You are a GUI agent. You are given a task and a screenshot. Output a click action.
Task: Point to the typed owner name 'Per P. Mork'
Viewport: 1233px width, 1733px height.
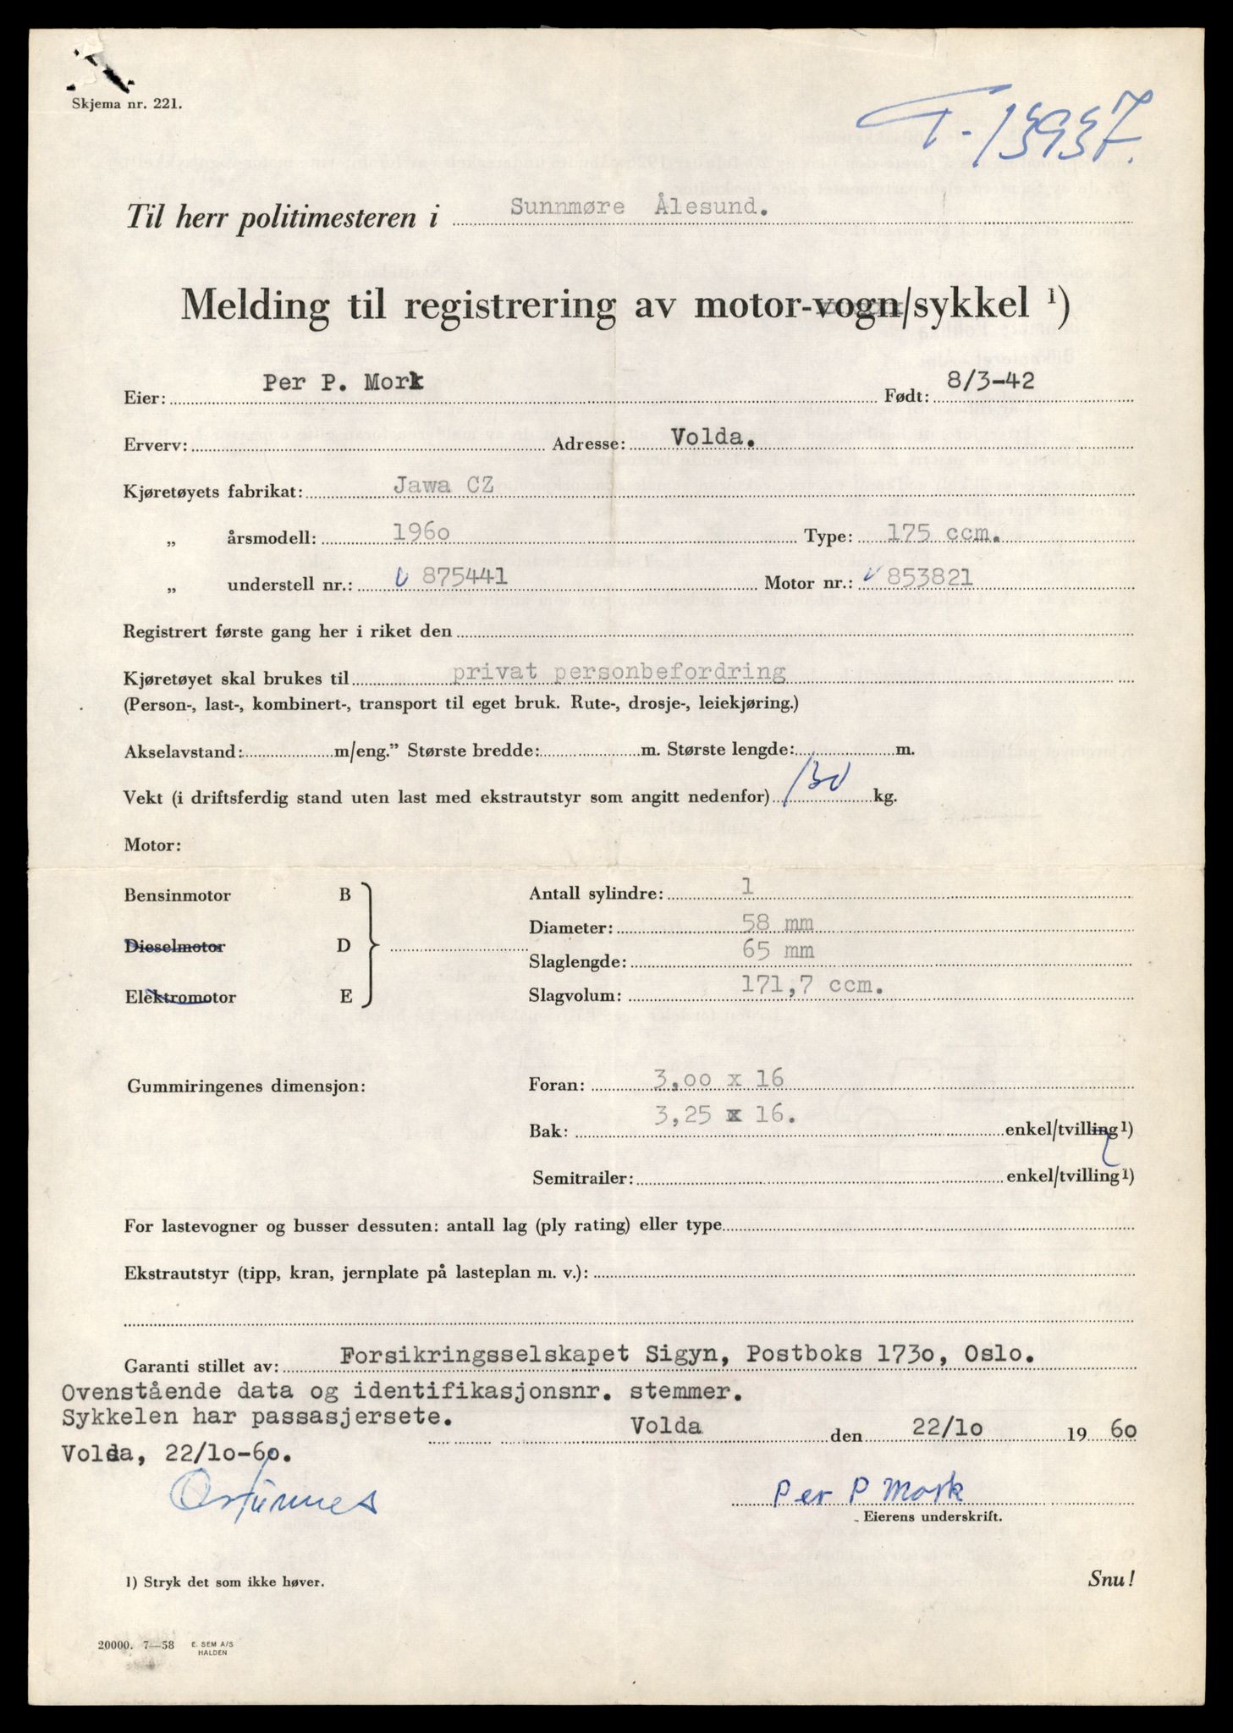point(342,383)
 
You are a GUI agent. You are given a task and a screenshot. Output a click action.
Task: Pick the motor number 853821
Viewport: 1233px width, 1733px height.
point(922,577)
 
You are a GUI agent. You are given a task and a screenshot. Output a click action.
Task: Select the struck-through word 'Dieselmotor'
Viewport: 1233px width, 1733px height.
point(173,946)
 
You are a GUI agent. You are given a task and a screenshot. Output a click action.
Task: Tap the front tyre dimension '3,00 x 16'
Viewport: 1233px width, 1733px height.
point(719,1078)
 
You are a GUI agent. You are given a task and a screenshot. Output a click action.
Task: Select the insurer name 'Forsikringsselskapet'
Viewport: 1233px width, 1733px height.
point(482,1353)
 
